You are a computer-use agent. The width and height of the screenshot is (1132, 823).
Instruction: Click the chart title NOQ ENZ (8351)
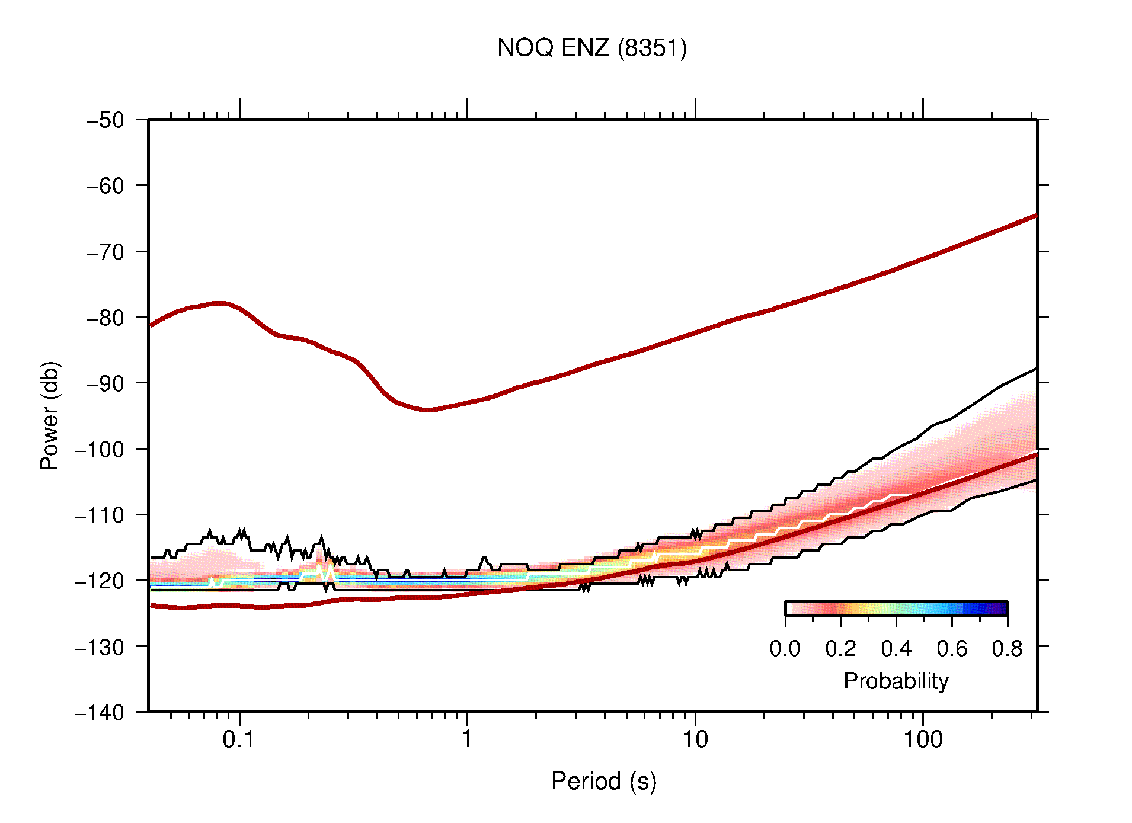[591, 48]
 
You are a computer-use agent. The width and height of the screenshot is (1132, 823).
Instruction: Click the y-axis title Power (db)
[50, 415]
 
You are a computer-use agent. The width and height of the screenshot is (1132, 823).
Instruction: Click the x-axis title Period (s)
[603, 781]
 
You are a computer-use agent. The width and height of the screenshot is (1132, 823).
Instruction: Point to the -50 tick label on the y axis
[106, 120]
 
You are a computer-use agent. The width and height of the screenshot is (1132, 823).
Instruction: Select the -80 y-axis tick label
[106, 318]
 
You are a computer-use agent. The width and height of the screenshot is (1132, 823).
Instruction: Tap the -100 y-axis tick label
[100, 449]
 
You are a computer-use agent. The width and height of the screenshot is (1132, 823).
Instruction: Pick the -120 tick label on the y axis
[100, 581]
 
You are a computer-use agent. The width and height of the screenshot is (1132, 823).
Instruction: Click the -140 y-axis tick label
[100, 712]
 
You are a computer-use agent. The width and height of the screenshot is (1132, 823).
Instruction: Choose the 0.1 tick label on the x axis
[239, 739]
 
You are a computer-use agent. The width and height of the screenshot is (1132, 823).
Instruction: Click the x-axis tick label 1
[467, 739]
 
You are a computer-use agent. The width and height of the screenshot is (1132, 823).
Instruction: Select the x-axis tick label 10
[695, 739]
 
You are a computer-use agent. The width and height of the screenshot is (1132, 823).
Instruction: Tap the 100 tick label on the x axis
[922, 739]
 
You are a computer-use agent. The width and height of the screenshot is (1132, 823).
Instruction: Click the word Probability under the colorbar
[896, 681]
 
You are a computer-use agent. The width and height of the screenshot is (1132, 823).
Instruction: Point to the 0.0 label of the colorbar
[785, 649]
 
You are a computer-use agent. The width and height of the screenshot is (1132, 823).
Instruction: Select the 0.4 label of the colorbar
[896, 649]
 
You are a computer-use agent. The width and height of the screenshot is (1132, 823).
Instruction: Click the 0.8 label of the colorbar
[1007, 649]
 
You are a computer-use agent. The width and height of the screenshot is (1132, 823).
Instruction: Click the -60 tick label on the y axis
[106, 186]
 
